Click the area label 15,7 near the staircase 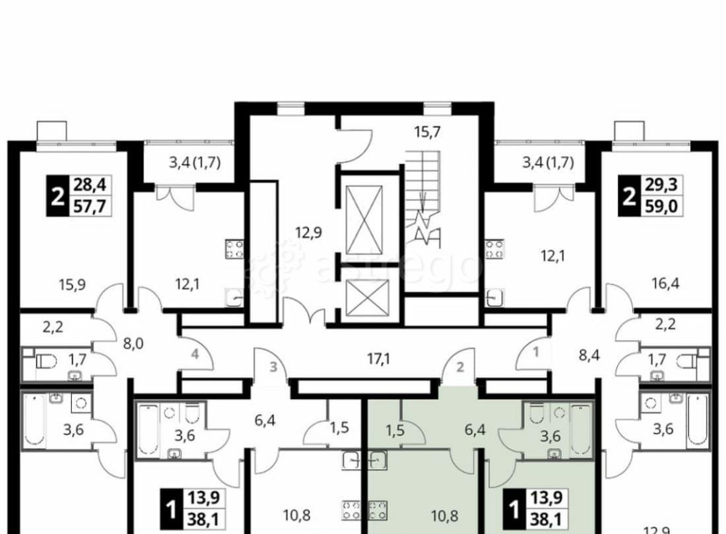click(427, 132)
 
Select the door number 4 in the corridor click(195, 355)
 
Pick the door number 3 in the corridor click(274, 367)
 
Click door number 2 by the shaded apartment click(460, 368)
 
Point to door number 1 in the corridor click(536, 352)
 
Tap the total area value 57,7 click(90, 206)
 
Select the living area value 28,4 click(90, 185)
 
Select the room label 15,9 click(73, 283)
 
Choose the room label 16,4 click(665, 283)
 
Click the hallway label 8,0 click(134, 344)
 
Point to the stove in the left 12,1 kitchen click(234, 248)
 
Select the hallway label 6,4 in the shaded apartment click(475, 429)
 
